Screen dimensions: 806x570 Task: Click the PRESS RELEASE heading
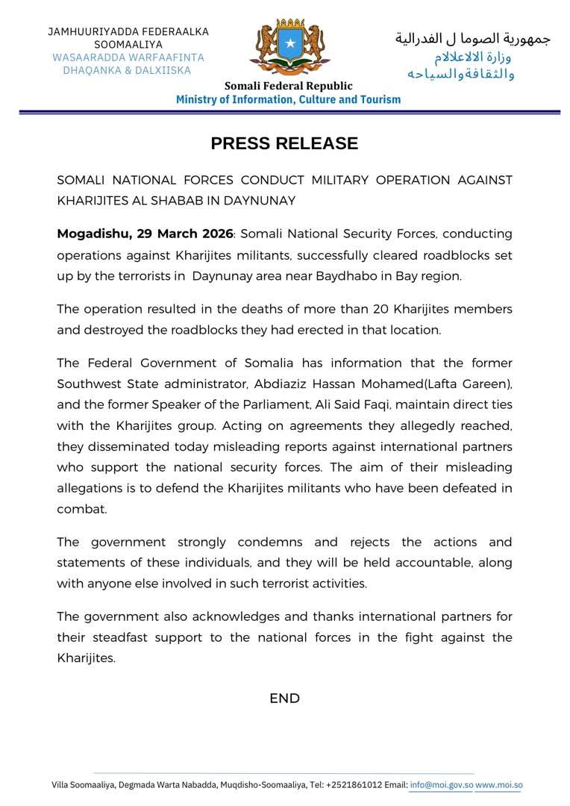pyautogui.click(x=284, y=143)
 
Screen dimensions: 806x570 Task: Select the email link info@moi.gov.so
pyautogui.click(x=441, y=784)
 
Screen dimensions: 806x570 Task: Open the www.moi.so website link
pyautogui.click(x=498, y=784)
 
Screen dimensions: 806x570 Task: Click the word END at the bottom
pyautogui.click(x=284, y=699)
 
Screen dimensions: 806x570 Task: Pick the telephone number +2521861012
pyautogui.click(x=354, y=784)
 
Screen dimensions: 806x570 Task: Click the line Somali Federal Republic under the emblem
pyautogui.click(x=288, y=86)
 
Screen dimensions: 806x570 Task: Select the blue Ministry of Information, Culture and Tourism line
pyautogui.click(x=288, y=99)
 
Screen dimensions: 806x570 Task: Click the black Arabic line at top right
pyautogui.click(x=472, y=38)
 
